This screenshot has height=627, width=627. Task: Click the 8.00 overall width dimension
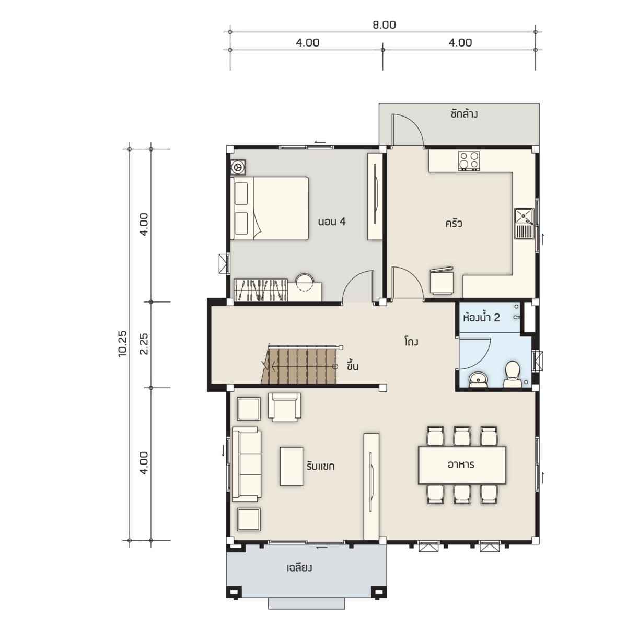click(384, 25)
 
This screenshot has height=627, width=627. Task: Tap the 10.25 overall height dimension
click(123, 344)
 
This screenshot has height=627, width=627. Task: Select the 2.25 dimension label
click(144, 344)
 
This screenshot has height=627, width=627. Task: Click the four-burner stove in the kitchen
click(469, 161)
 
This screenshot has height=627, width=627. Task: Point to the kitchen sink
click(524, 224)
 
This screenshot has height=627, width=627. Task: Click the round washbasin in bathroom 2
click(478, 380)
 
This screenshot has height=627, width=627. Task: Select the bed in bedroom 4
click(269, 208)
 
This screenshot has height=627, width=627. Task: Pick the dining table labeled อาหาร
click(462, 465)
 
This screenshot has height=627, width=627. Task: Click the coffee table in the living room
click(292, 466)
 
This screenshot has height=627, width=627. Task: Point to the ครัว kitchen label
click(454, 224)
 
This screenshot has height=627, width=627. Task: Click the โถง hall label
click(412, 342)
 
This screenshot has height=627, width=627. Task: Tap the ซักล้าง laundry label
click(464, 113)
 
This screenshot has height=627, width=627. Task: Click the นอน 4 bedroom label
click(332, 222)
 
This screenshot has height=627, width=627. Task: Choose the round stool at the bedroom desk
click(305, 282)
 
